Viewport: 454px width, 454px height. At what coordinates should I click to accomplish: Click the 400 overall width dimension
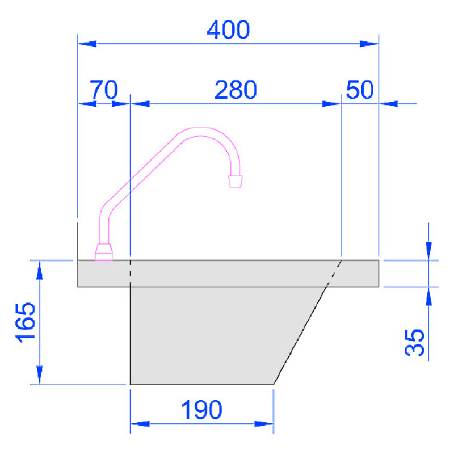[x=228, y=30]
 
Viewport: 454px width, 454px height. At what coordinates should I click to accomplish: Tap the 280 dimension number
[x=236, y=90]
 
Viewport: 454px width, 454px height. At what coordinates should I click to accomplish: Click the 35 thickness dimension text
[x=416, y=342]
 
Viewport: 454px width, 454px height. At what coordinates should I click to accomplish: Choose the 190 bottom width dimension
[x=201, y=410]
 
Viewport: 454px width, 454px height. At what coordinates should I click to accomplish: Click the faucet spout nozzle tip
[x=235, y=181]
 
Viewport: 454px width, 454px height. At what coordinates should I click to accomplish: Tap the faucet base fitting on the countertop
[x=104, y=251]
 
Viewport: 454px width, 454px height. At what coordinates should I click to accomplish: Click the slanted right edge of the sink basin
[x=301, y=335]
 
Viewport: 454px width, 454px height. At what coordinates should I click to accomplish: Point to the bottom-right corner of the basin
[x=274, y=384]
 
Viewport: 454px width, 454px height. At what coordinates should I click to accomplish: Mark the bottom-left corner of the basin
[x=131, y=384]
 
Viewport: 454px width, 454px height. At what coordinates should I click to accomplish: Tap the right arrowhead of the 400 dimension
[x=369, y=43]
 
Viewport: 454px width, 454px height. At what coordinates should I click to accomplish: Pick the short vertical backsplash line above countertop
[x=78, y=238]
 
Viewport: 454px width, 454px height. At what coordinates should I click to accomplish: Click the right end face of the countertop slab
[x=379, y=273]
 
